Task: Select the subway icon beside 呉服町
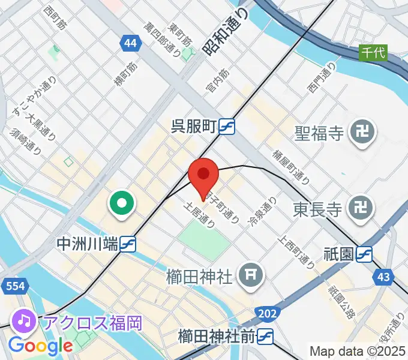click(226, 127)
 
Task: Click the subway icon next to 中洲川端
click(127, 244)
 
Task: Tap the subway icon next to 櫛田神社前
click(267, 337)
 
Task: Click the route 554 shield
click(13, 286)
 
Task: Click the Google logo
click(40, 346)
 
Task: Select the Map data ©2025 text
click(357, 351)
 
